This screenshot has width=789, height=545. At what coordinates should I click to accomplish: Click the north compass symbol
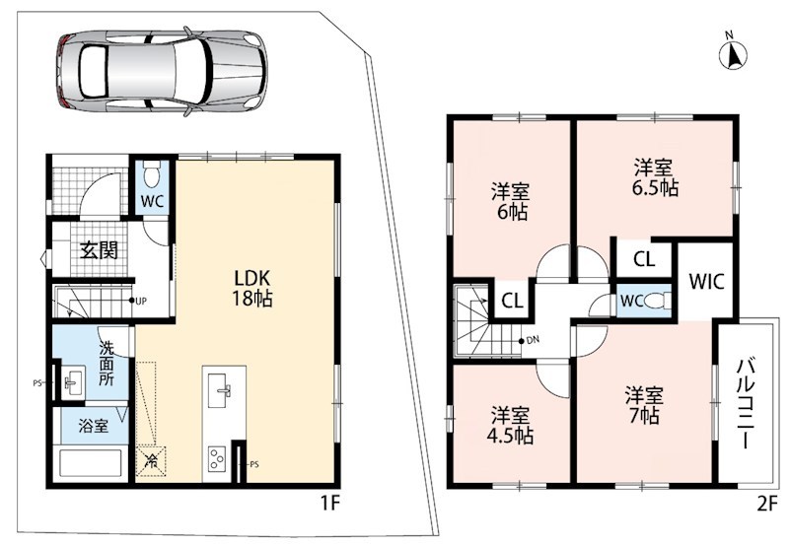pos(733,53)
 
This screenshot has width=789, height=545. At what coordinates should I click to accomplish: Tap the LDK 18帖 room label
pos(251,288)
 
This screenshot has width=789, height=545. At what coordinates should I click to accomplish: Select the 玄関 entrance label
pos(100,250)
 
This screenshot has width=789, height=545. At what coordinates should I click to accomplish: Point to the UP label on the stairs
pos(141,302)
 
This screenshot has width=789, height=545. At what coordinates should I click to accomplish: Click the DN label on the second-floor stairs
pos(533,340)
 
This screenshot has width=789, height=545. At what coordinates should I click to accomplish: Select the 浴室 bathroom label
pos(93,427)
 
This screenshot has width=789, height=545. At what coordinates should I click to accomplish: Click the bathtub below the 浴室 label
pos(91,463)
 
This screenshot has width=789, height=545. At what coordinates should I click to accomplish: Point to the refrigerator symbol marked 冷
pos(151,461)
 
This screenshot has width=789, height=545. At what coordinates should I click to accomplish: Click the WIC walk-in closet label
pos(706,282)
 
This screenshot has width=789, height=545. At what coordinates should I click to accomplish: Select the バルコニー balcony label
pos(746,404)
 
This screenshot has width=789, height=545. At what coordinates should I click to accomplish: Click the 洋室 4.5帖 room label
pos(510,426)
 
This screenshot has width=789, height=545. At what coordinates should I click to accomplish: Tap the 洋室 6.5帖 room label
pos(654,177)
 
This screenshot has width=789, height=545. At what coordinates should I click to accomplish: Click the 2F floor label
pos(767,504)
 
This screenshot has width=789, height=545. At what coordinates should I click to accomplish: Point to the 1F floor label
pos(330,503)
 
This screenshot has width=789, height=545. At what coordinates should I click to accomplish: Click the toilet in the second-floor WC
pos(658,301)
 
